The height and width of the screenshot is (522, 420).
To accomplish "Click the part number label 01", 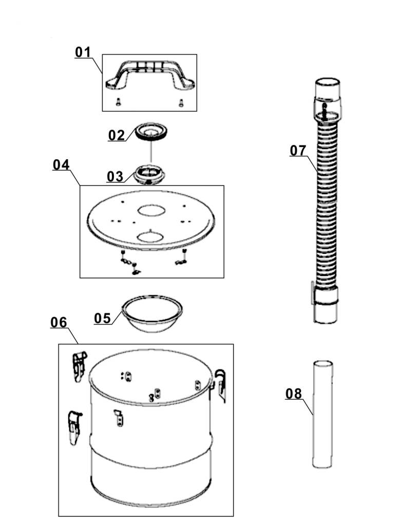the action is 83,52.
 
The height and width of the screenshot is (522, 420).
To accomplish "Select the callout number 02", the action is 117,135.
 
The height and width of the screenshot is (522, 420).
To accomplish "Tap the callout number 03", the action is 115,176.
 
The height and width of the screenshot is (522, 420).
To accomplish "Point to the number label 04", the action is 61,165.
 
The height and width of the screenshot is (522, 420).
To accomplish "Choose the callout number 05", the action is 102,318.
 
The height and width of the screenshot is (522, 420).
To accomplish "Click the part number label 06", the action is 59,322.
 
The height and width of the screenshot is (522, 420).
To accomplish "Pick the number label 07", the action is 298,151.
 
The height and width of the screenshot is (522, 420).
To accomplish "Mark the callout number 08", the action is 294,394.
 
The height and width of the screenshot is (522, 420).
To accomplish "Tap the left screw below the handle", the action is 118,102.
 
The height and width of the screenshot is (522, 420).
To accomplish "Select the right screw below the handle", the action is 181,103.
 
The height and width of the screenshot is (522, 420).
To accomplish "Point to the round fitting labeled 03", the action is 150,173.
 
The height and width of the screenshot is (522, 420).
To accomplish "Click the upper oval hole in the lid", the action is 151,210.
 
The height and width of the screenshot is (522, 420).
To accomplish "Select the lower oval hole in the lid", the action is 151,236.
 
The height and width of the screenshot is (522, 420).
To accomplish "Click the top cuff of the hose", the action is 327,99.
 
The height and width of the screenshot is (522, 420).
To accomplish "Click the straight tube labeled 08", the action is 322,414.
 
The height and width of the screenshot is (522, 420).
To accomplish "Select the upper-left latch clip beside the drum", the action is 79,366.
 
